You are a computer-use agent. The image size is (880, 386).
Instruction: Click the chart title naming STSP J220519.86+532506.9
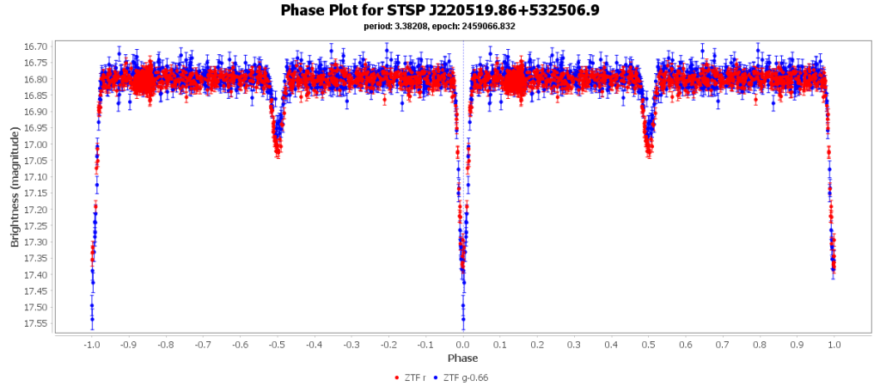pos(439,10)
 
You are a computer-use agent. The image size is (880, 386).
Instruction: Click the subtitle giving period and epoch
pos(439,26)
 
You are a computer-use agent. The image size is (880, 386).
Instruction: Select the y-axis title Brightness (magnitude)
pos(15,187)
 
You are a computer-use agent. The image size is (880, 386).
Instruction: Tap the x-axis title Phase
pos(463,358)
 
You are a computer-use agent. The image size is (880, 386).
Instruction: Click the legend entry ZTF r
pos(414,377)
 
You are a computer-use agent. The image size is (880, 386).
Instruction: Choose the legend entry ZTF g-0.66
pos(467,377)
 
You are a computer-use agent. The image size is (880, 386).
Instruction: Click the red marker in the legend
pos(396,377)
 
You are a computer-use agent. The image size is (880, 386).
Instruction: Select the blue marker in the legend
pos(437,377)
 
